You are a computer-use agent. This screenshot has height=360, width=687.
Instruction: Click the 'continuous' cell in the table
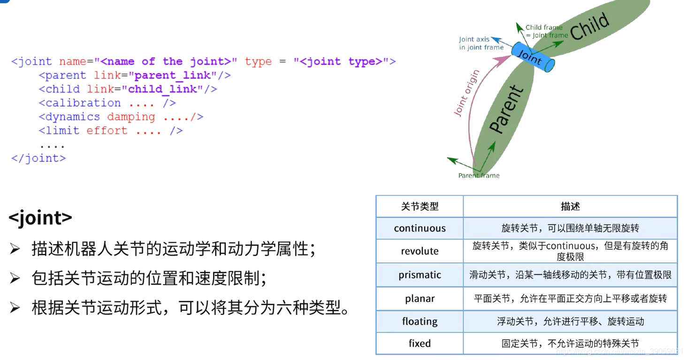tap(420, 229)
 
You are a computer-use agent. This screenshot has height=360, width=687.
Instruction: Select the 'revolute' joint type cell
tap(420, 251)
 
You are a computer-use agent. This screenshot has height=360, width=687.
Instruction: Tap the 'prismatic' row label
tap(420, 275)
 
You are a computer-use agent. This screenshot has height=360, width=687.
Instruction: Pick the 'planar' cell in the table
tap(420, 299)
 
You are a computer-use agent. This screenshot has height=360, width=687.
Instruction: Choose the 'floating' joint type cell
tap(420, 322)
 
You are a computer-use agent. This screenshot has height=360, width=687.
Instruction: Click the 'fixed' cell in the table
tap(420, 344)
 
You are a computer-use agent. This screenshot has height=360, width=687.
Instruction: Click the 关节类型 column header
tap(420, 207)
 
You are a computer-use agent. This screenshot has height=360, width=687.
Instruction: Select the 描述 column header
tap(570, 207)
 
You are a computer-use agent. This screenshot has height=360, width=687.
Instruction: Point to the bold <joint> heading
tap(40, 218)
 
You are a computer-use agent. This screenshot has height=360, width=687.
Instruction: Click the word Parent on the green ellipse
tap(506, 109)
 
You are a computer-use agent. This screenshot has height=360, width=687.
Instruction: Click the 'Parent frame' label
tap(479, 176)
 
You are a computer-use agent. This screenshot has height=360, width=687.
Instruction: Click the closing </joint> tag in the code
tap(38, 158)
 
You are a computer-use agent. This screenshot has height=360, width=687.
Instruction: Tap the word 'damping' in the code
tap(131, 117)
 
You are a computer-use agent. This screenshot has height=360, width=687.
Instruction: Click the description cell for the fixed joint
tap(570, 344)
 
